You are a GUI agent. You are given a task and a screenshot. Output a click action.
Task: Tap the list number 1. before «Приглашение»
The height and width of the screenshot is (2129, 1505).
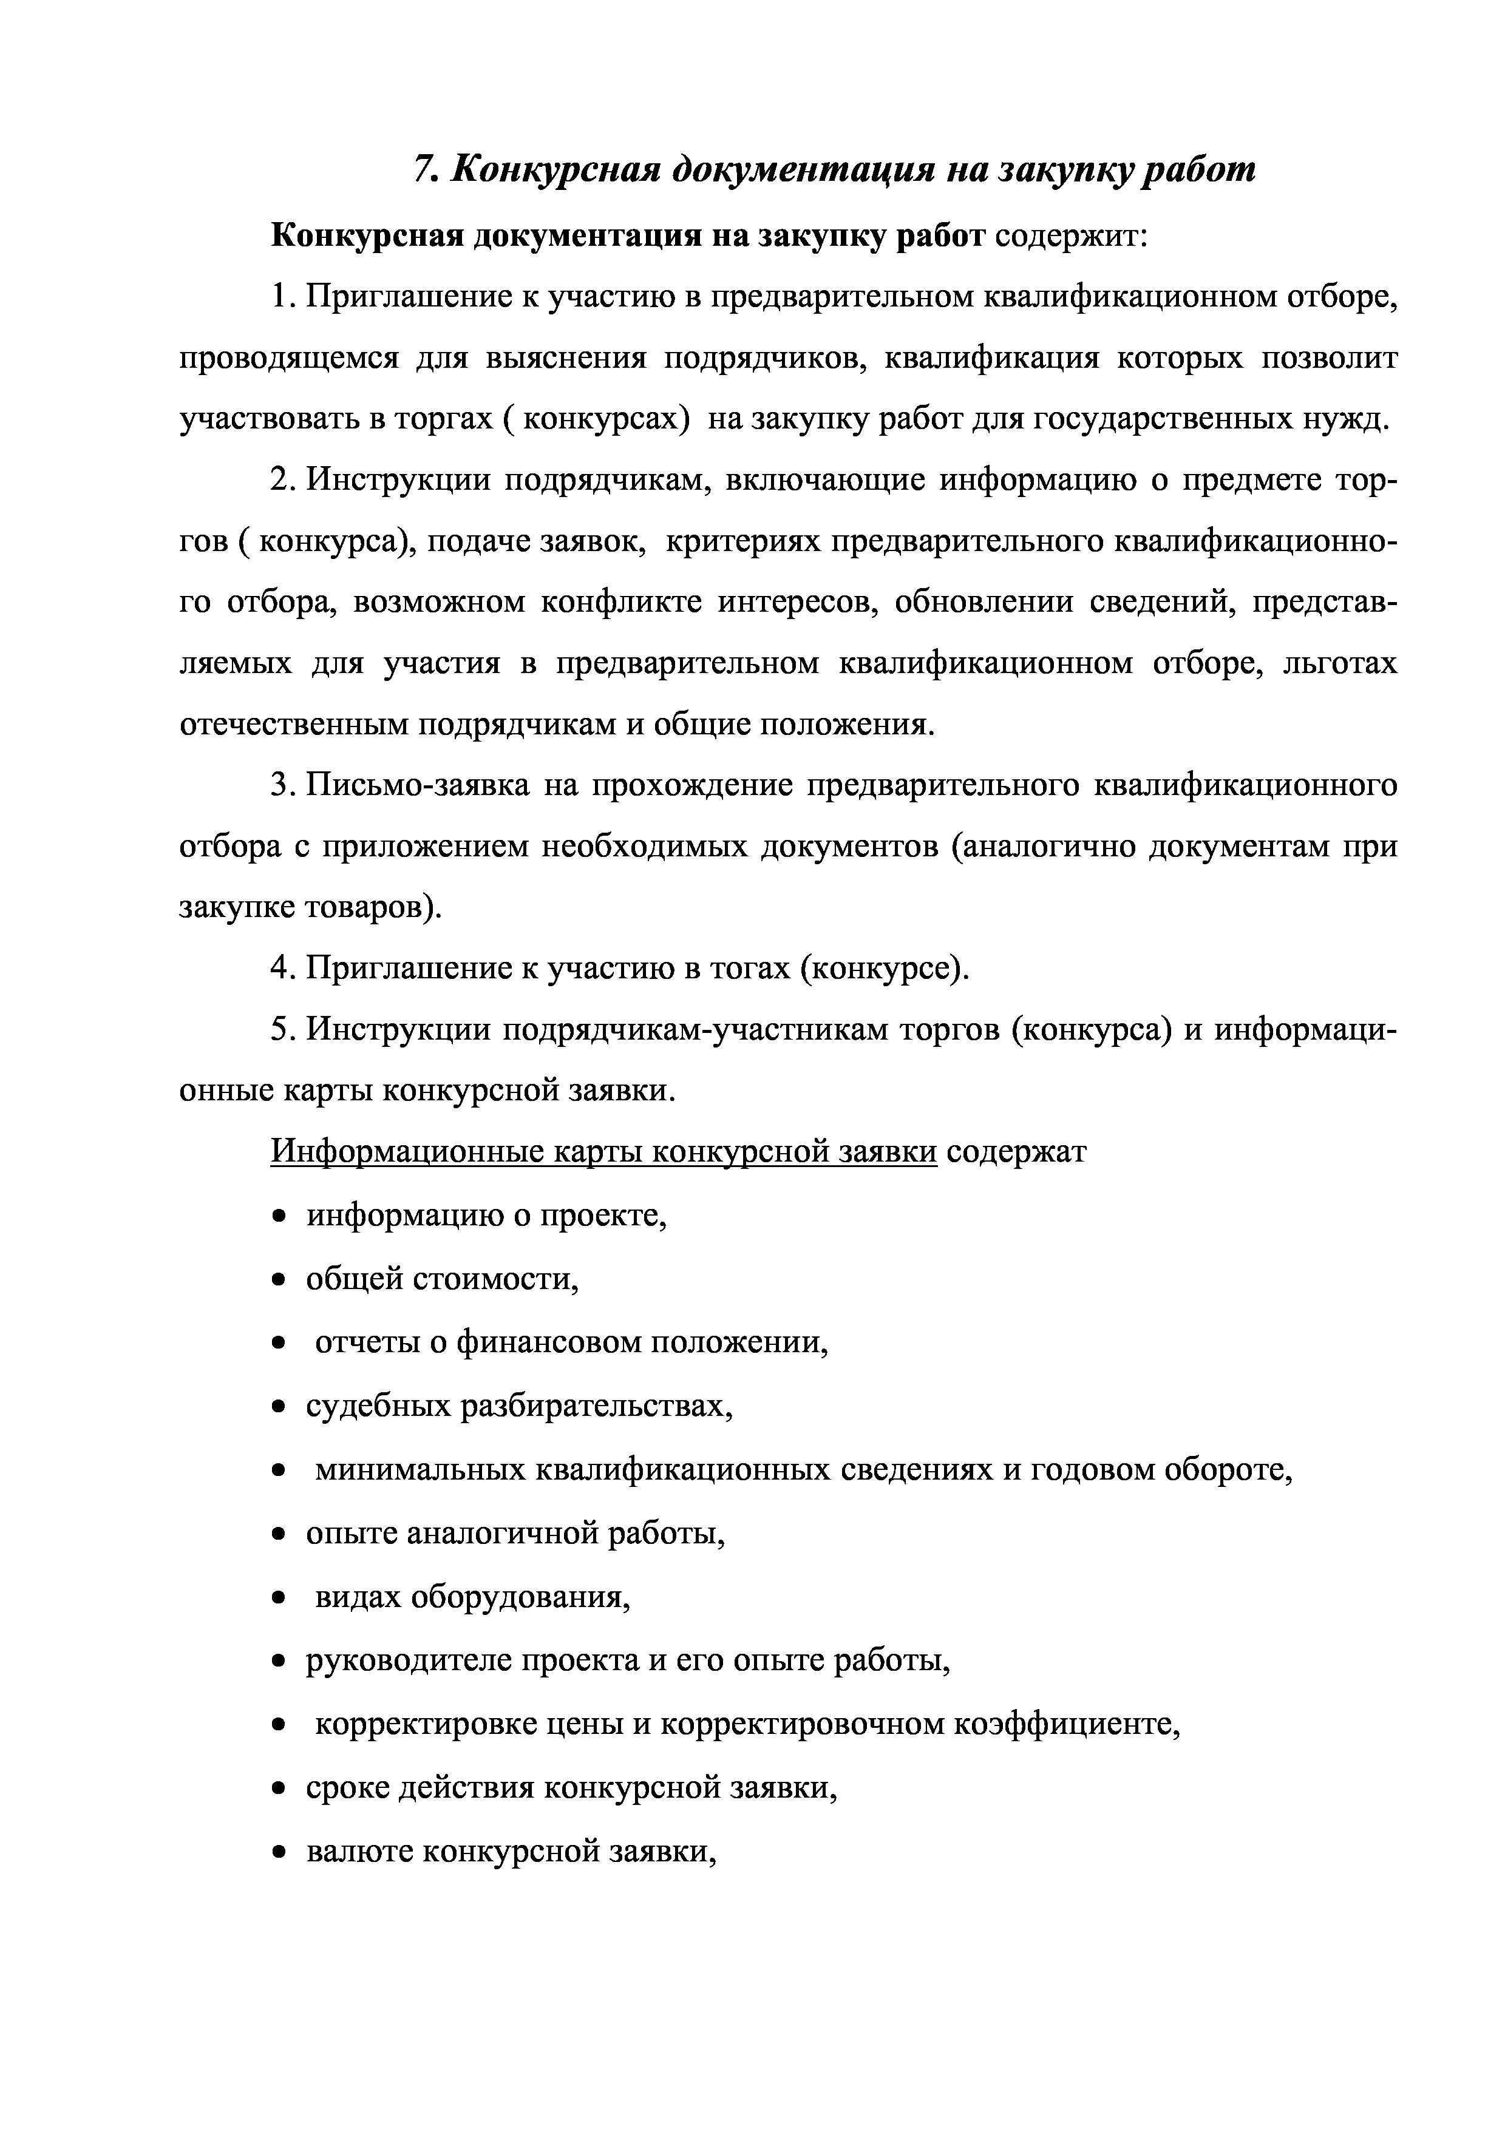[283, 297]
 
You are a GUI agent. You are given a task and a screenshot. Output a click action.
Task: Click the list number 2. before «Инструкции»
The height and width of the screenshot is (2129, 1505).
[283, 480]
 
